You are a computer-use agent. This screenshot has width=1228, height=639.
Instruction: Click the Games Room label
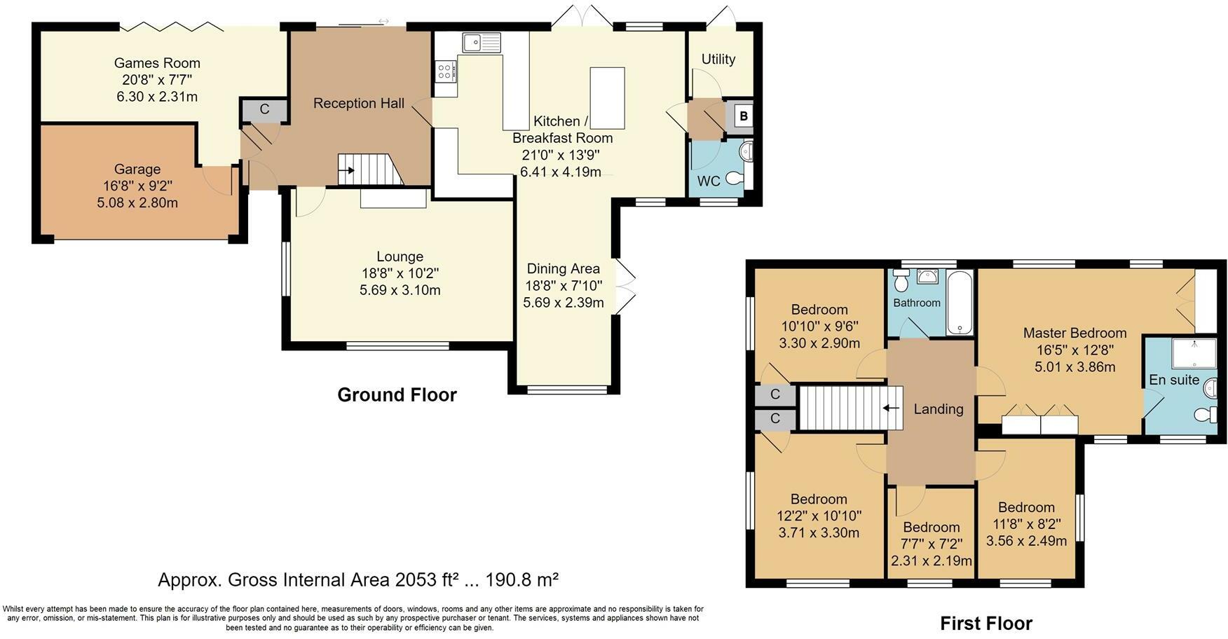coord(157,63)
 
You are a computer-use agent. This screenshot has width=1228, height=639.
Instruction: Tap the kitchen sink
coord(481,42)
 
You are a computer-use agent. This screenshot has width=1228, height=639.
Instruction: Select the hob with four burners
coord(445,71)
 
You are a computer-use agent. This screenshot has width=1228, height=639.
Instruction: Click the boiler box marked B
coord(744,116)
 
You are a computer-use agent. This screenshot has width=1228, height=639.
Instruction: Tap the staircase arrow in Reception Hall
coord(346,169)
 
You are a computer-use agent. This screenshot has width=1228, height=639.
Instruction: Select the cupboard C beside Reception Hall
coord(264,109)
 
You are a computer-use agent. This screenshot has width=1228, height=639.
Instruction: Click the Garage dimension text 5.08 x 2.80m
coord(137,203)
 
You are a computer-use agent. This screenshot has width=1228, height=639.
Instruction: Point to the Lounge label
coord(400,256)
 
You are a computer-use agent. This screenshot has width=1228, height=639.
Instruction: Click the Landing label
coord(938,409)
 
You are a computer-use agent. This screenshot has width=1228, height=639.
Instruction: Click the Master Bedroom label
coord(1074,333)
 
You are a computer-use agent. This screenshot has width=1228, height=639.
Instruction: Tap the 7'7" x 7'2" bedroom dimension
coord(931,544)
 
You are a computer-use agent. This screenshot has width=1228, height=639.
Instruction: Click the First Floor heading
coord(985,623)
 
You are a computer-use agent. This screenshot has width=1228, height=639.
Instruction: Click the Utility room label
coord(718,59)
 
